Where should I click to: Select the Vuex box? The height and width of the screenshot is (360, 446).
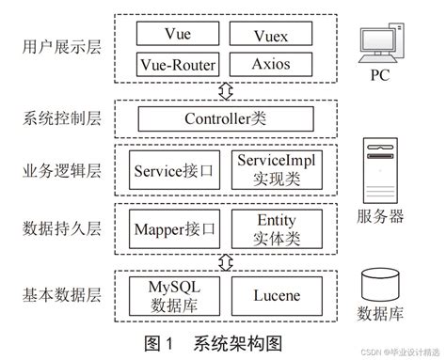[270, 35]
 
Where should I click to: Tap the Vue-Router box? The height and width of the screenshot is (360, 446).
[176, 65]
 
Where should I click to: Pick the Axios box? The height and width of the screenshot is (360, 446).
[270, 65]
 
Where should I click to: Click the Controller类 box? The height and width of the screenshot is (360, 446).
[223, 119]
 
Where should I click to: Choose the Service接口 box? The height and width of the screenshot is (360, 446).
[176, 171]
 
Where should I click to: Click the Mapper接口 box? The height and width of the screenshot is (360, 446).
[176, 227]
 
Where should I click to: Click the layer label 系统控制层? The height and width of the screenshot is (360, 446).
[59, 119]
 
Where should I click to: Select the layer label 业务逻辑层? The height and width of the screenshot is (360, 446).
[59, 171]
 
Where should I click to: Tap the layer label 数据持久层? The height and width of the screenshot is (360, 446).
[59, 227]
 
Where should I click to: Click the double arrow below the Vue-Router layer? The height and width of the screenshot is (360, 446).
[224, 92]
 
